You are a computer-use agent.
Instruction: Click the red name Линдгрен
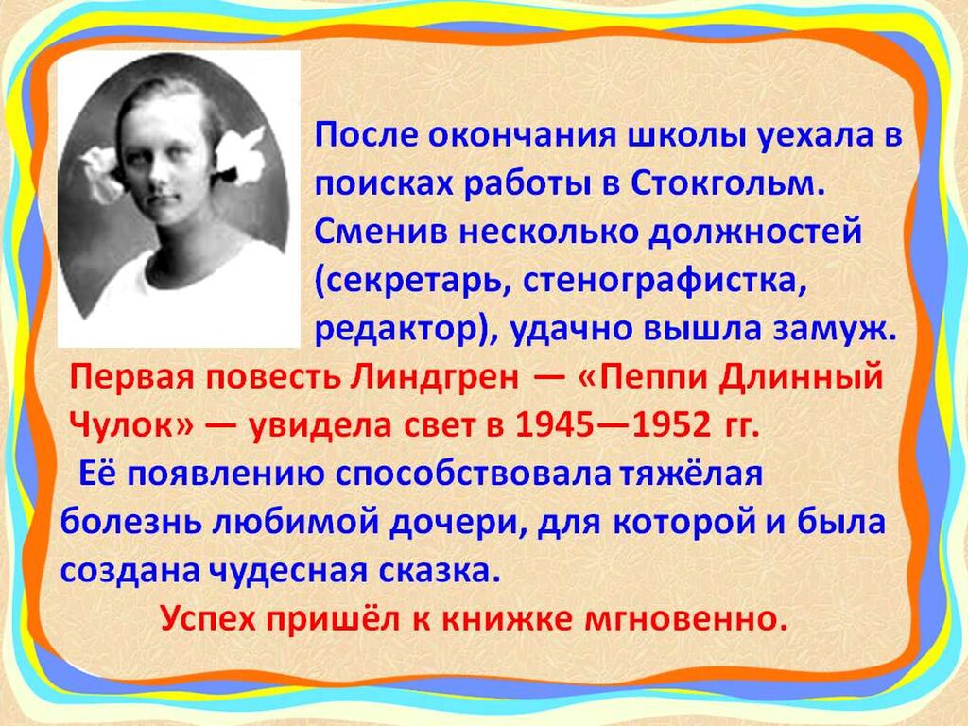(434, 377)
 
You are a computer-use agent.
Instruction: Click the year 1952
(675, 424)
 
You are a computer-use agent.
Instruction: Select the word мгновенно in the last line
(686, 618)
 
